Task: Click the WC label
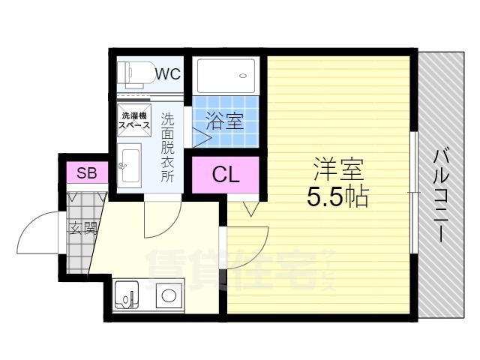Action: pos(169,73)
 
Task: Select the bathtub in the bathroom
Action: pos(226,76)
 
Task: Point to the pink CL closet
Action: pos(226,175)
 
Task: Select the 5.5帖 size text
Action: pos(336,196)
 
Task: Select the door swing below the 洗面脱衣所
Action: pos(161,217)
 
